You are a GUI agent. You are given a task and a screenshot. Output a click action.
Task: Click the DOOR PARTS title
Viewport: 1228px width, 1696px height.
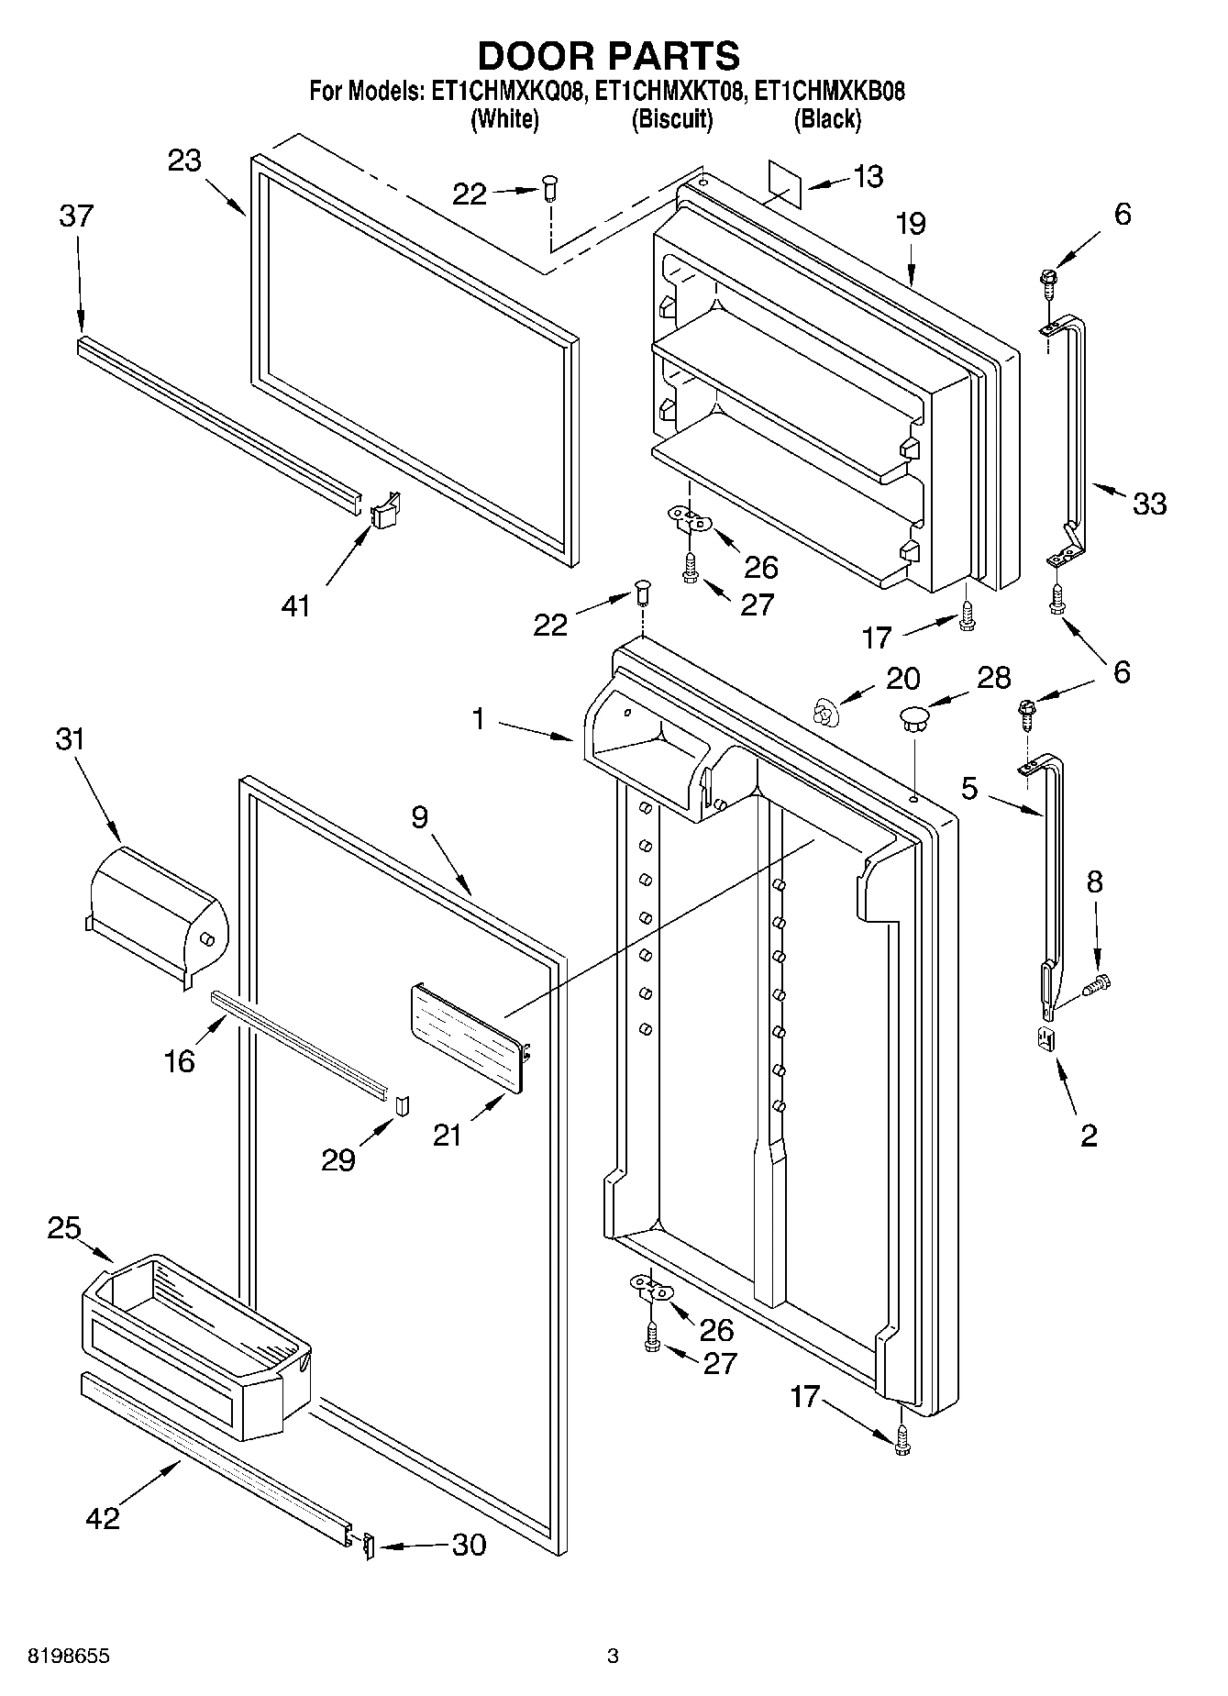coord(609,56)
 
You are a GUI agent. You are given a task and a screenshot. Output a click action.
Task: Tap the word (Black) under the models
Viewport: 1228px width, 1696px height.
coord(827,118)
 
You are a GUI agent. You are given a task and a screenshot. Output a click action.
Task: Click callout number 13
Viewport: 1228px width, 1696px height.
coord(867,176)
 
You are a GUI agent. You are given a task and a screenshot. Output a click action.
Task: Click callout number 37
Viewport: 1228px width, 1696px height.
coord(76,216)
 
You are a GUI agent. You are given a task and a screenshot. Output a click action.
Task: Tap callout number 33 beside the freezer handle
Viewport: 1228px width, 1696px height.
coord(1149,503)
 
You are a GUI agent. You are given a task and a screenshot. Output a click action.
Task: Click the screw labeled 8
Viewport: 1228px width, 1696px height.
coord(1096,985)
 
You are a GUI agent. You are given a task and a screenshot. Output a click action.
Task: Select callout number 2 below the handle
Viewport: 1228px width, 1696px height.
coord(1089,1136)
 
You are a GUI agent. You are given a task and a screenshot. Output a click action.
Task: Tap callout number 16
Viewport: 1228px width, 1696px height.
coord(180,1061)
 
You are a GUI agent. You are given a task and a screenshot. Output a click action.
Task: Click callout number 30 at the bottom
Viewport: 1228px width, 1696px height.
coord(469,1545)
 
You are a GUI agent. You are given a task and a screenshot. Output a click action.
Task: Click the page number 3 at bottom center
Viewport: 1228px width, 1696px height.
coord(613,1656)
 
